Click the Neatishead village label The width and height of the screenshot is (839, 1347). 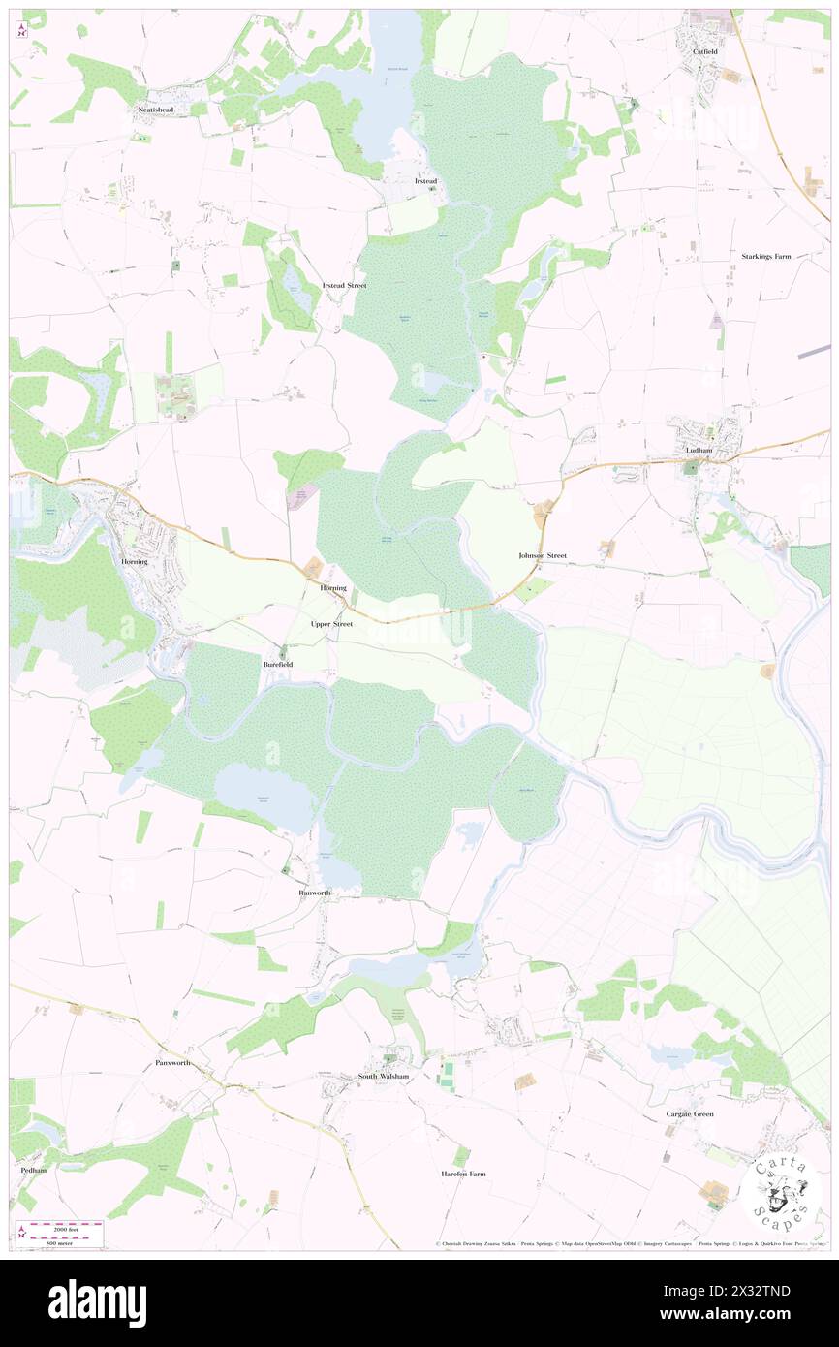point(154,111)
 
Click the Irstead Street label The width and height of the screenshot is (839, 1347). point(344,285)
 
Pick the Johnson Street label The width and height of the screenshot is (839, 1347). point(542,556)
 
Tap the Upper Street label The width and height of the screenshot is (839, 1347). point(332,624)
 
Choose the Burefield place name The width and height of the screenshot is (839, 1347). point(277,665)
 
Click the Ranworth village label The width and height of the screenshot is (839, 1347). point(315,893)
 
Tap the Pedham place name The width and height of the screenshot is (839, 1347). point(33,1170)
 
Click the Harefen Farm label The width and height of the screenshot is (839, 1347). point(463,1174)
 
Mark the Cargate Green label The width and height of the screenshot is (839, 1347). point(690,1114)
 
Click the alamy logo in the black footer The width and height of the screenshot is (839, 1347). point(97,1301)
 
